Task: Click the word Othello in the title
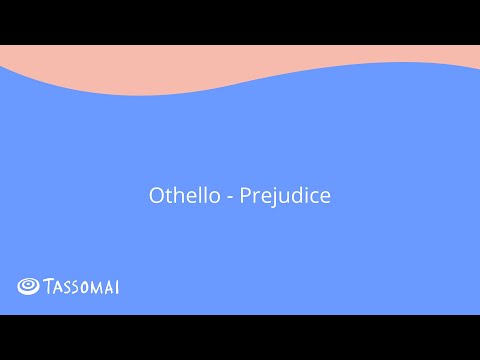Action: point(178,196)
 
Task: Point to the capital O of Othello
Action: point(156,196)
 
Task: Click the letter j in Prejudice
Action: point(271,197)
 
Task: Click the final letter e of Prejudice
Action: point(324,197)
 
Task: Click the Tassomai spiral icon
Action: point(29,287)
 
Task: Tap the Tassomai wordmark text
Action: point(82,287)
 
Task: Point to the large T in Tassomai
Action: point(49,287)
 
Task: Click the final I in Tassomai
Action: point(118,287)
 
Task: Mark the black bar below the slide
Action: point(240,337)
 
